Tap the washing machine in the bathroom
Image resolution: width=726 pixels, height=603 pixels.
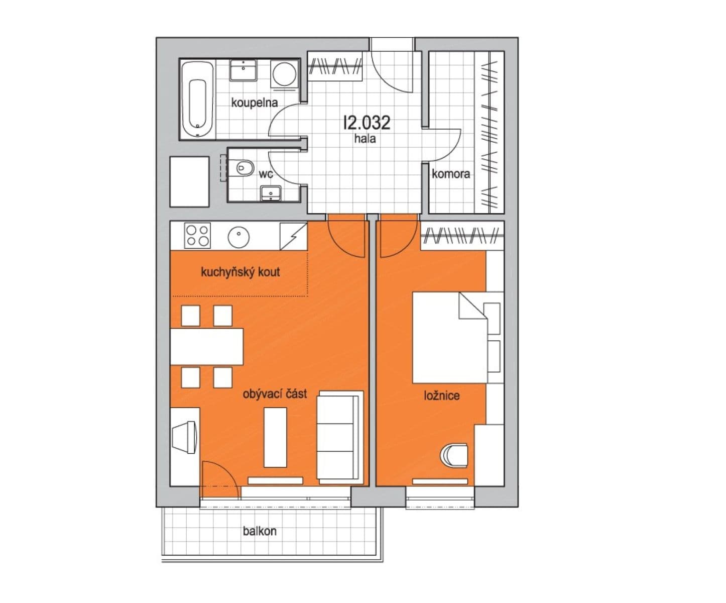coord(284,74)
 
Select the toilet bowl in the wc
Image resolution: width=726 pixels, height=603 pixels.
coord(245,167)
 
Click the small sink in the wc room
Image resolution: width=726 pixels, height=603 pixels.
coord(271,192)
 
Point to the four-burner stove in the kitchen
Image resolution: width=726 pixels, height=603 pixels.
coord(197,236)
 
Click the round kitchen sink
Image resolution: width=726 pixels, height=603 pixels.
coord(238,237)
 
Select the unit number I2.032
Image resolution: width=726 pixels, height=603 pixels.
coord(367,122)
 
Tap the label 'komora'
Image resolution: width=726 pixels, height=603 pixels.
coord(451,174)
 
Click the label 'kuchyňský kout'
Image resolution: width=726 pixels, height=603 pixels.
coord(240,272)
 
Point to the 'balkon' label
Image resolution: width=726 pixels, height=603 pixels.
coord(260,531)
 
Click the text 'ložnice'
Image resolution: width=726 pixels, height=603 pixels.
coord(441,395)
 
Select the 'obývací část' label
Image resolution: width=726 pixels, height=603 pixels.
coord(275,394)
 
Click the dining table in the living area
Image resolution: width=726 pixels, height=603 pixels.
coord(206,346)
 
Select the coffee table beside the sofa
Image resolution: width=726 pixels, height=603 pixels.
coord(275,437)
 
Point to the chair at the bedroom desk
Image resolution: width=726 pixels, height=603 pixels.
coord(454,455)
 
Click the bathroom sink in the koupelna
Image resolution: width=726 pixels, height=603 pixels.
coord(244,70)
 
